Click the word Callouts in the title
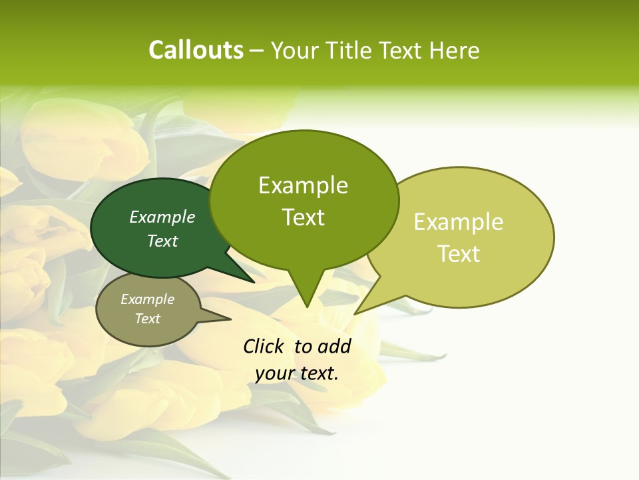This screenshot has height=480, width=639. coord(196,50)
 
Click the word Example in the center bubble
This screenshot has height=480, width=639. coord(303,185)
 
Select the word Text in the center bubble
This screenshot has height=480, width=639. coord(303,217)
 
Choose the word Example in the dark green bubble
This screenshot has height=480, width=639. coord(162,217)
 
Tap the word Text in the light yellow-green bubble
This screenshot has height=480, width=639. coord(459,254)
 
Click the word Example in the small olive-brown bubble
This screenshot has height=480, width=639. coord(148,299)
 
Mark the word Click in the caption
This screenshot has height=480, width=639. coord(264,346)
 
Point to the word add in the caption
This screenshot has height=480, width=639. coord(335,346)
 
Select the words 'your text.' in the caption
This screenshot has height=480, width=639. coord(297,374)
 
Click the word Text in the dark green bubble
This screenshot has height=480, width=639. coord(162,241)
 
